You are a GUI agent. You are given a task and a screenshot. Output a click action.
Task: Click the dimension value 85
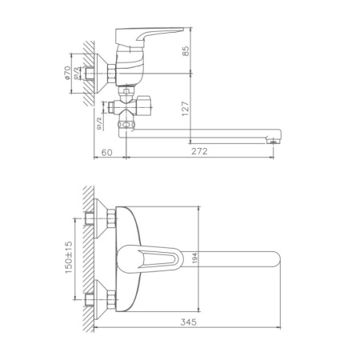point(185,52)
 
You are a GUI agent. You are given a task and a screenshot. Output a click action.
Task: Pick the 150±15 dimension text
point(70,258)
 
